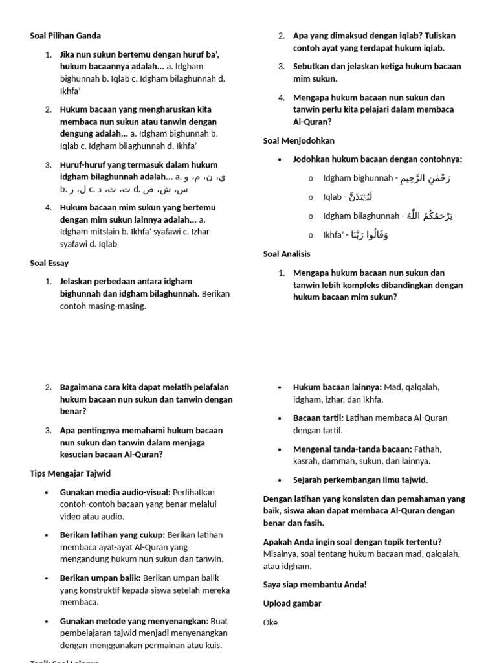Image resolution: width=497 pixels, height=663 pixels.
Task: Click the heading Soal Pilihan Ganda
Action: pyautogui.click(x=65, y=36)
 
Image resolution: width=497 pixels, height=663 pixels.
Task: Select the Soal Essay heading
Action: pyautogui.click(x=49, y=263)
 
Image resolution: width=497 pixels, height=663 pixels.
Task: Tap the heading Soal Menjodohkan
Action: pyautogui.click(x=299, y=140)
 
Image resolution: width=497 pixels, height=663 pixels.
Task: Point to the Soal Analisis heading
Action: pyautogui.click(x=287, y=254)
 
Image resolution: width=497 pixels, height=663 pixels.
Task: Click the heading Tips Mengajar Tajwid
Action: pyautogui.click(x=70, y=473)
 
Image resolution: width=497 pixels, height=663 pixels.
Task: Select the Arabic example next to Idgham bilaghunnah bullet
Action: pyautogui.click(x=430, y=216)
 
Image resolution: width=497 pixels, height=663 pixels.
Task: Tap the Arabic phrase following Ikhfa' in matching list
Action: pyautogui.click(x=370, y=235)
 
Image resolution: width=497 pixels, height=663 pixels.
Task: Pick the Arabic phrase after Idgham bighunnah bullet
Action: pyautogui.click(x=425, y=178)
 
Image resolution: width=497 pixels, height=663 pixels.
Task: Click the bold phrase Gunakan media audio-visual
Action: pyautogui.click(x=115, y=492)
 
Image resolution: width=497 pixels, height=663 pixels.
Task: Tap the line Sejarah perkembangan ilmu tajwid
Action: pyautogui.click(x=360, y=480)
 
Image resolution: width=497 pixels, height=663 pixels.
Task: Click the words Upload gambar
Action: pyautogui.click(x=293, y=603)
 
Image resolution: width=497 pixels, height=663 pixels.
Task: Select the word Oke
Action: pyautogui.click(x=271, y=622)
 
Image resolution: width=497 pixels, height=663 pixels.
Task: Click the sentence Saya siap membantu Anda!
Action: pyautogui.click(x=315, y=585)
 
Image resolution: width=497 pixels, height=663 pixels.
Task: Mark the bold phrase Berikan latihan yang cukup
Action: pyautogui.click(x=113, y=534)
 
